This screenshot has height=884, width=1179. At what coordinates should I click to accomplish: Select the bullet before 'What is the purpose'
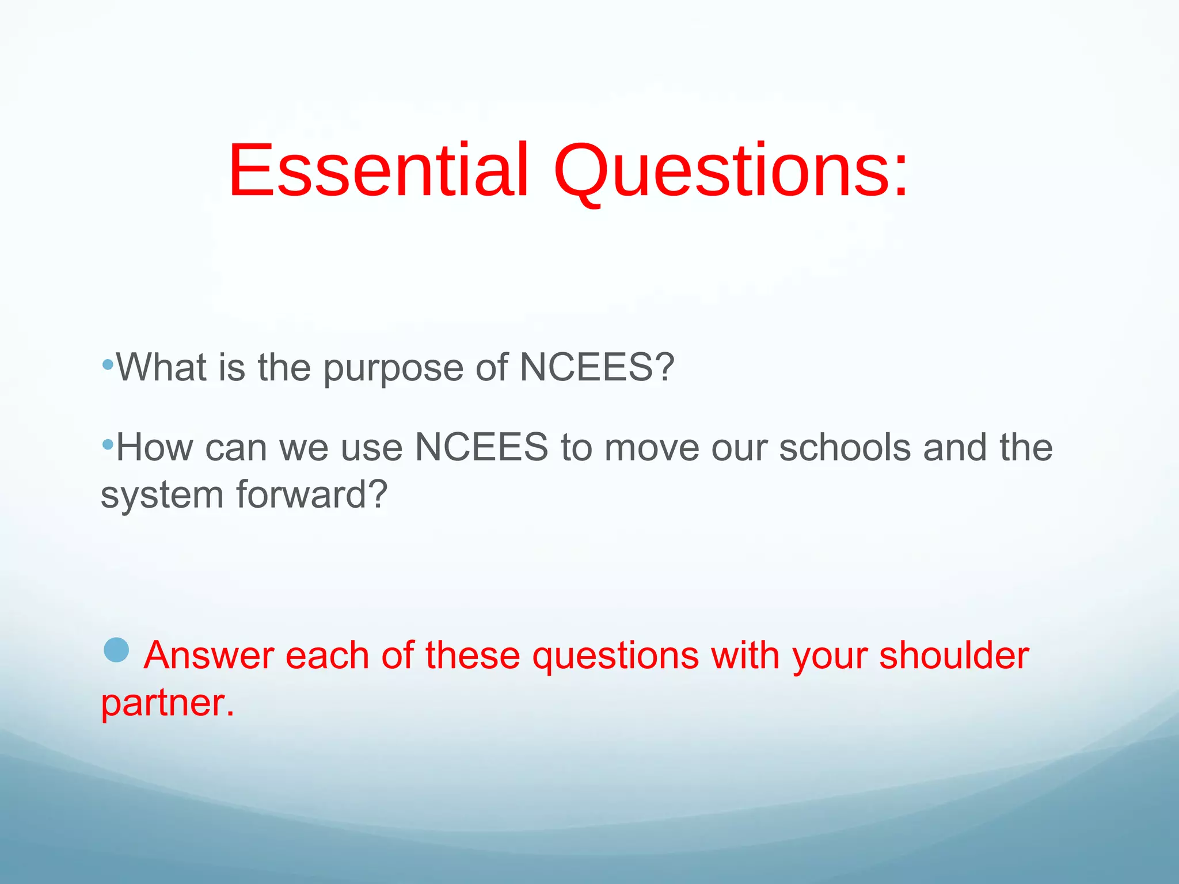[x=107, y=364]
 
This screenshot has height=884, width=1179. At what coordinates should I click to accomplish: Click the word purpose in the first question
[x=393, y=368]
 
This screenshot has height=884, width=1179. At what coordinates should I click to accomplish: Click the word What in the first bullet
[x=162, y=367]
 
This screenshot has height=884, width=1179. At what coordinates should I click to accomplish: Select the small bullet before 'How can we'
[x=107, y=444]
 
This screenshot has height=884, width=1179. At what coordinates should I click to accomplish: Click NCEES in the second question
[x=481, y=447]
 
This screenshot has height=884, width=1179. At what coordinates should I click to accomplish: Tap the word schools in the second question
[x=845, y=447]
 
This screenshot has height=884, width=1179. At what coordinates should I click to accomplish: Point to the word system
[x=162, y=496]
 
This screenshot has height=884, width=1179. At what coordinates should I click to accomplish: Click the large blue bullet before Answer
[x=116, y=650]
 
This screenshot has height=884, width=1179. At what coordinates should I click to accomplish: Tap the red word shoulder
[x=954, y=656]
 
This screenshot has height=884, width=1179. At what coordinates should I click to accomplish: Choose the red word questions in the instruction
[x=615, y=656]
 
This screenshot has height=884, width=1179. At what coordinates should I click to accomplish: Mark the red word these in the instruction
[x=473, y=656]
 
